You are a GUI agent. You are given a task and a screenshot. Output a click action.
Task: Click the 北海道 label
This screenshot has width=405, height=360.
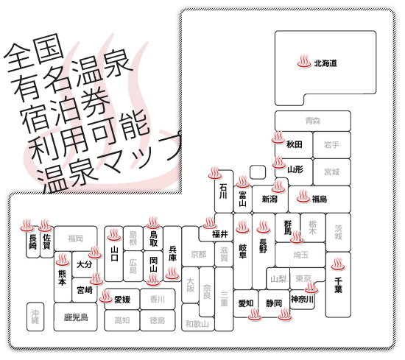pyautogui.click(x=325, y=63)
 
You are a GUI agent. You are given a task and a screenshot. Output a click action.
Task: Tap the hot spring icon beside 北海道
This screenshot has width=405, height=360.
pyautogui.click(x=304, y=61)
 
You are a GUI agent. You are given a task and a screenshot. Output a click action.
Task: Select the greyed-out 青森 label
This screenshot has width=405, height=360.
pyautogui.click(x=313, y=121)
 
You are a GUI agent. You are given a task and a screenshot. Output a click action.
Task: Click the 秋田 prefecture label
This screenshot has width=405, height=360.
pyautogui.click(x=295, y=144)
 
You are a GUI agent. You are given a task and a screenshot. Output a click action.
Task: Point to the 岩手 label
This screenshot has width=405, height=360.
pyautogui.click(x=331, y=144)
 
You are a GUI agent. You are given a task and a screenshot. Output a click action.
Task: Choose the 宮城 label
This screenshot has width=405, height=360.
pyautogui.click(x=331, y=172)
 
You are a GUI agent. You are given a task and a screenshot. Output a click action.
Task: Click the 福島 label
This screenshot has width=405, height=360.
pyautogui.click(x=320, y=199)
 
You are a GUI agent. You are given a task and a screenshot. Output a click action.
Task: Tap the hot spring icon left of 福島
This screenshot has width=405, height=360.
pyautogui.click(x=303, y=196)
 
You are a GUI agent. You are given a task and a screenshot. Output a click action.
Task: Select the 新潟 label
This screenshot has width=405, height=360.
pyautogui.click(x=270, y=199)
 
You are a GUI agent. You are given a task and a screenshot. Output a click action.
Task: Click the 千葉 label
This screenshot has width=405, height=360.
pyautogui.click(x=338, y=285)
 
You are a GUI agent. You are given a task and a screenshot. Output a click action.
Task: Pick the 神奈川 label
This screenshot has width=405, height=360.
pyautogui.click(x=302, y=300)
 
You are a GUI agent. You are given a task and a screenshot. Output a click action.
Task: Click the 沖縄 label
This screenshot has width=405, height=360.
pyautogui.click(x=35, y=317)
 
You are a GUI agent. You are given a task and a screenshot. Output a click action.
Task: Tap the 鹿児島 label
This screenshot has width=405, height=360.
pyautogui.click(x=76, y=317)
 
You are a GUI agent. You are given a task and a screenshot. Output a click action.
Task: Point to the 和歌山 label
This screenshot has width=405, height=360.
pyautogui.click(x=197, y=324)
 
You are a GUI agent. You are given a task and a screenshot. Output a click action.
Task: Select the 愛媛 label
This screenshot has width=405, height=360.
pyautogui.click(x=122, y=300)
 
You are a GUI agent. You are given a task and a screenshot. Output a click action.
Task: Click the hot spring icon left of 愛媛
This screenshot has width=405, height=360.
pyautogui.click(x=106, y=296)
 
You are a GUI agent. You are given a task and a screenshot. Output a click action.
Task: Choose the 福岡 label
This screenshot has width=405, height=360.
pyautogui.click(x=75, y=238)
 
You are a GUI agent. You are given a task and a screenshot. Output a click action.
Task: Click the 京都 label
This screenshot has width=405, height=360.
pyautogui.click(x=198, y=255)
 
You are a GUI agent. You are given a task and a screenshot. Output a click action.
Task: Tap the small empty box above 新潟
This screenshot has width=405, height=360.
pyautogui.click(x=258, y=172)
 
